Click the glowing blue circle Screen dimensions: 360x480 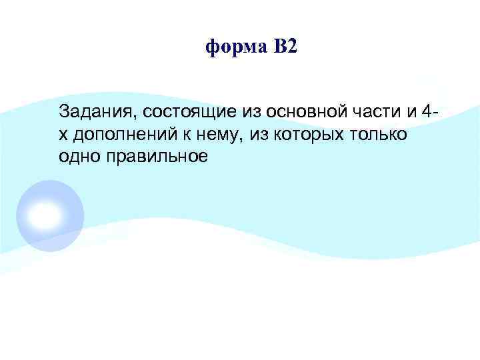50,214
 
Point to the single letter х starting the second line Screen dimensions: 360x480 63,134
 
